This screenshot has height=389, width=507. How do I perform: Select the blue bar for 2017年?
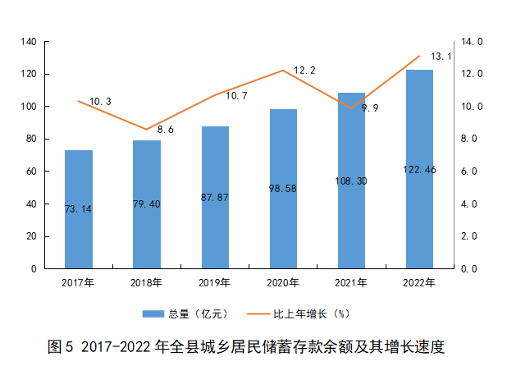click(x=79, y=209)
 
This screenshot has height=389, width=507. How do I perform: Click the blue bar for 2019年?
click(x=215, y=197)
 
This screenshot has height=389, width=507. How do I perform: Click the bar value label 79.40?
click(x=147, y=204)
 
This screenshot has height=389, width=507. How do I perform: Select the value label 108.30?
click(x=351, y=181)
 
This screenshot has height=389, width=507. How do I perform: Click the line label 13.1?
click(x=441, y=57)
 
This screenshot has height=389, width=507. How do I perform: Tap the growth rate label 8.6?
click(x=166, y=130)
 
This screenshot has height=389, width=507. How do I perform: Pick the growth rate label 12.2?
click(x=304, y=71)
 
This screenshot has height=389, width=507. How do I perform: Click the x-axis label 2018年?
click(x=147, y=283)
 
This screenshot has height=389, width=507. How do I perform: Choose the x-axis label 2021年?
click(x=351, y=283)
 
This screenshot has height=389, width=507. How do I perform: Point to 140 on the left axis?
click(x=28, y=42)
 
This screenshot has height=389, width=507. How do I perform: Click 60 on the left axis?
click(x=31, y=172)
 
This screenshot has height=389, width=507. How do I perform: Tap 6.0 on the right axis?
click(x=470, y=172)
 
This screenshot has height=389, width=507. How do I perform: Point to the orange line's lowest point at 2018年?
click(x=147, y=129)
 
